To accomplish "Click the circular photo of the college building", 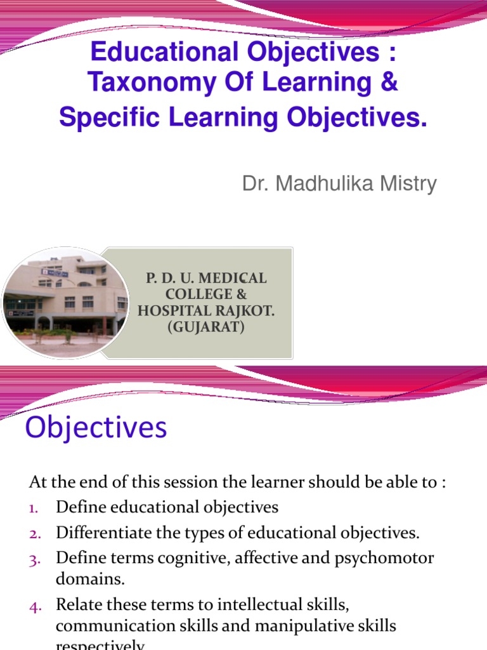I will click(x=65, y=301).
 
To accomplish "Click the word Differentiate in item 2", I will click(x=99, y=532).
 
